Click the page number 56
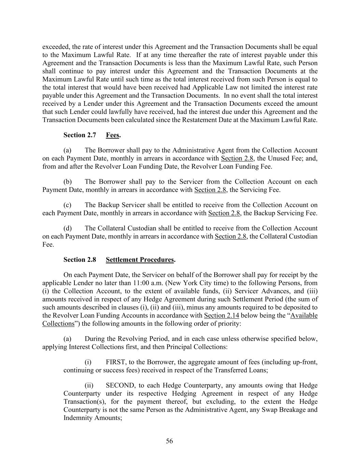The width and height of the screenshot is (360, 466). (x=169, y=441)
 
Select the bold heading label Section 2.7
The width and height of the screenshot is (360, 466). (x=80, y=135)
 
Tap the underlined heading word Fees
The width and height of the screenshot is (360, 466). (x=113, y=135)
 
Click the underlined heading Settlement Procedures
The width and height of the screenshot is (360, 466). (x=140, y=260)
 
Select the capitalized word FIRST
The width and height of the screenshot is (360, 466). (x=116, y=362)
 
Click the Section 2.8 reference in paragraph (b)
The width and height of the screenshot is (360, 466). (x=210, y=190)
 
